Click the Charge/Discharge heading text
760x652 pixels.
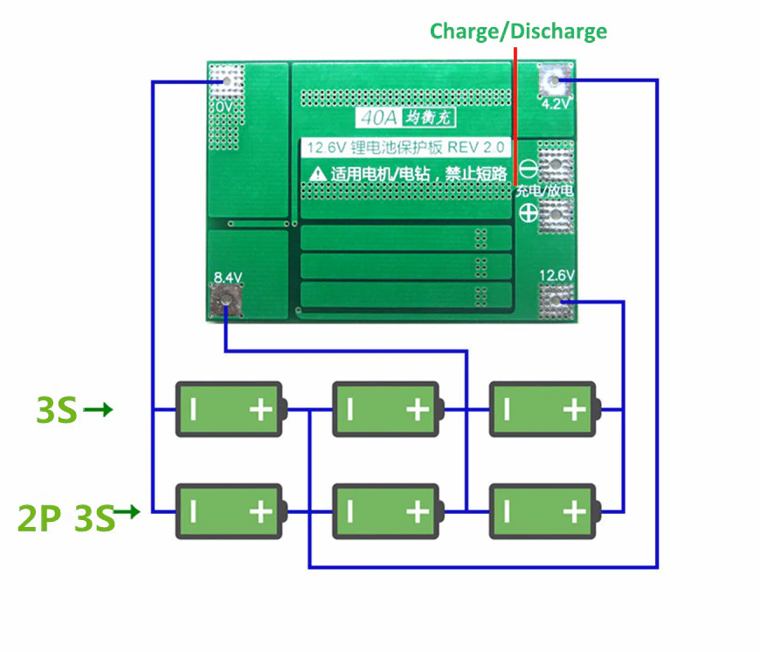[518, 31]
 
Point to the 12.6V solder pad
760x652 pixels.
[556, 301]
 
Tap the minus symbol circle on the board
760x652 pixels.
[528, 167]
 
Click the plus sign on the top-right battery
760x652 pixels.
[574, 409]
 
